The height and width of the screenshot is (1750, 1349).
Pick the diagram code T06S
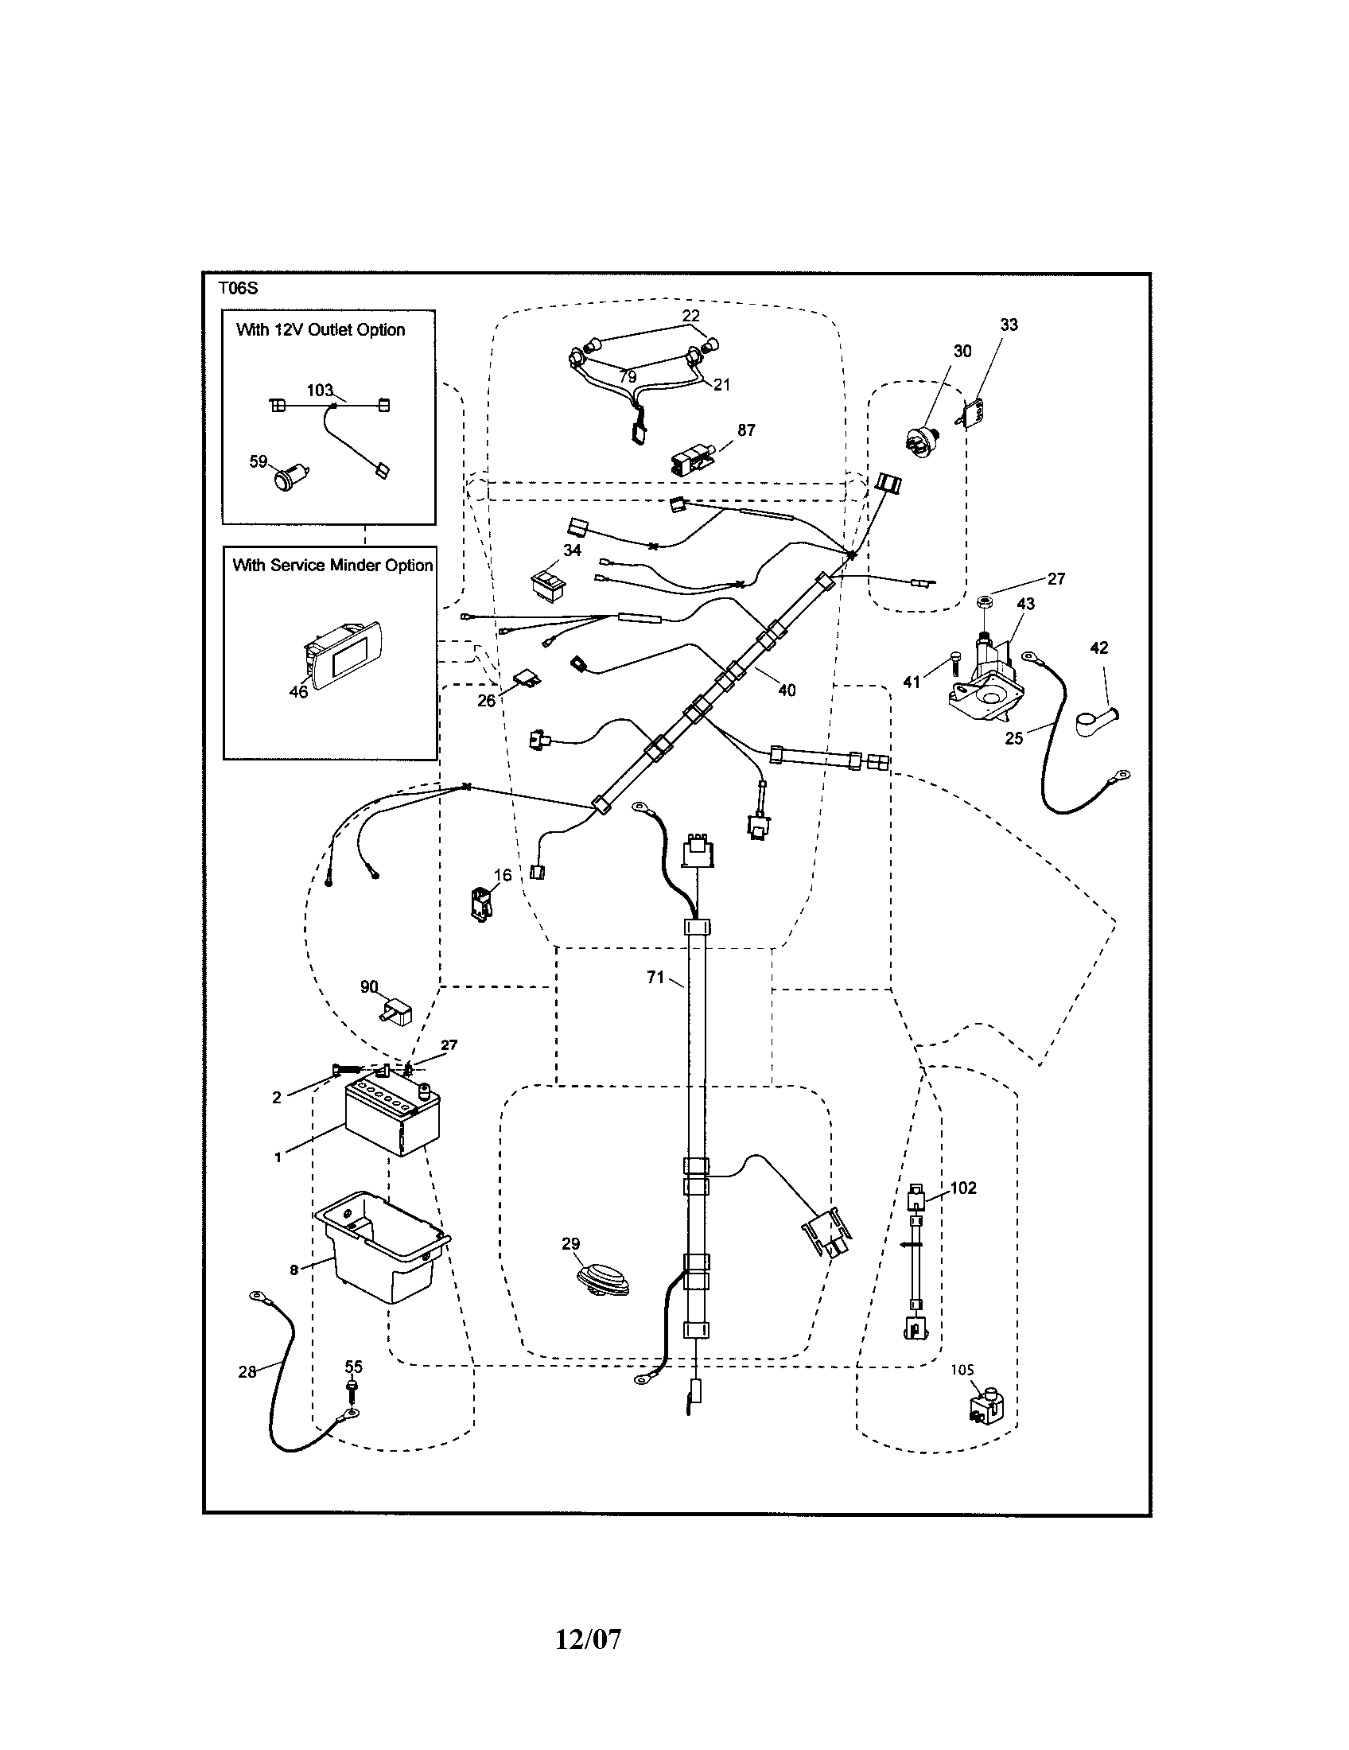pyautogui.click(x=238, y=289)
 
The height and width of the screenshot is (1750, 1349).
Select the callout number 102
pyautogui.click(x=963, y=1188)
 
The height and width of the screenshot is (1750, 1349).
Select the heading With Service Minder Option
pyautogui.click(x=332, y=565)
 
